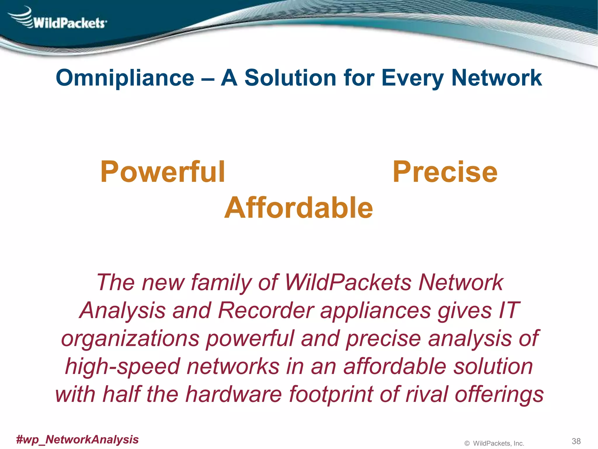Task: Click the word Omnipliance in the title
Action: [125, 78]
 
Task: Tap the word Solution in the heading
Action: [290, 78]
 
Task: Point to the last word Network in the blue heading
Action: [496, 78]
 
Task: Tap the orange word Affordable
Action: [298, 208]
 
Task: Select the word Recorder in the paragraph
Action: [266, 310]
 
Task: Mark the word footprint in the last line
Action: [331, 394]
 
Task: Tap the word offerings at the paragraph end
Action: [499, 394]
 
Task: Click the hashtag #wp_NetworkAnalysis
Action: [77, 439]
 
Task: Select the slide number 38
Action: [576, 441]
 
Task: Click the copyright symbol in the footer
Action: [467, 443]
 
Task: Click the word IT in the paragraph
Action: [509, 310]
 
